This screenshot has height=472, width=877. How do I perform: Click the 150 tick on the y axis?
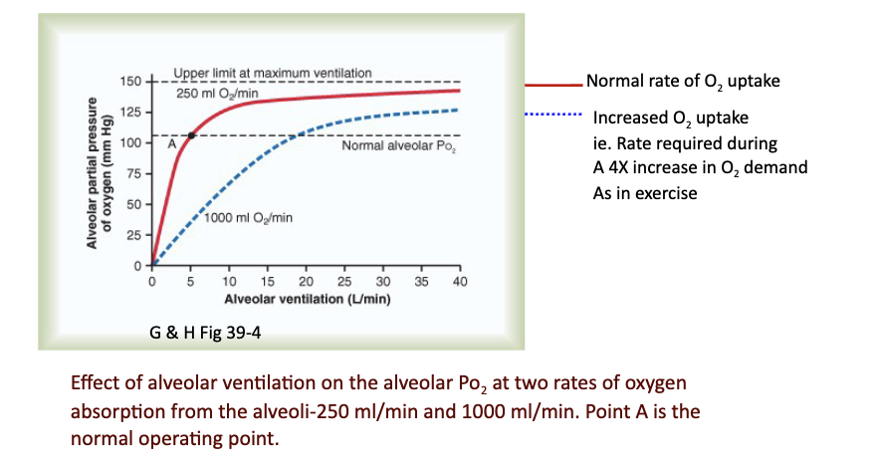pyautogui.click(x=132, y=81)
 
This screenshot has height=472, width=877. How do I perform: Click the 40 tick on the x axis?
pyautogui.click(x=459, y=282)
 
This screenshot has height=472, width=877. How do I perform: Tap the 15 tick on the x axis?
pyautogui.click(x=267, y=282)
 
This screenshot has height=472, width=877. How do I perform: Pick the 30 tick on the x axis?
pyautogui.click(x=382, y=282)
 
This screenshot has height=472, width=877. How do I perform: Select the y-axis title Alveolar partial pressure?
pyautogui.click(x=90, y=172)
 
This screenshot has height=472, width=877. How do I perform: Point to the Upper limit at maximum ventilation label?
pyautogui.click(x=272, y=74)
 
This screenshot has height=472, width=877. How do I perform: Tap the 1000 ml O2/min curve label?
pyautogui.click(x=248, y=217)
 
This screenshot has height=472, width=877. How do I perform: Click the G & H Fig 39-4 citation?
pyautogui.click(x=206, y=334)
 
